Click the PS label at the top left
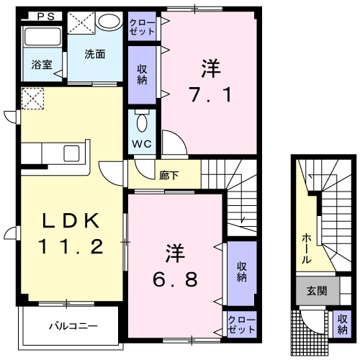(46, 17)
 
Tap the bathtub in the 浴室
(42, 37)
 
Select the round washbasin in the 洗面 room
(109, 21)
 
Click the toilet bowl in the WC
(142, 122)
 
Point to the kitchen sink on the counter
(71, 153)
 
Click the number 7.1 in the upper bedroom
(211, 94)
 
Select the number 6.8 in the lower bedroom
(175, 279)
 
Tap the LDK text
(71, 220)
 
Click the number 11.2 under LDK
(71, 246)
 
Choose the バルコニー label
(73, 326)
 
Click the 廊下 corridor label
(169, 176)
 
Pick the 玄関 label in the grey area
(317, 291)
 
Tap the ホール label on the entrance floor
(307, 248)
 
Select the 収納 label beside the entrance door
(342, 324)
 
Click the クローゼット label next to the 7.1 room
(142, 27)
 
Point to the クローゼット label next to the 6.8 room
(241, 325)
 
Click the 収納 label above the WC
(142, 74)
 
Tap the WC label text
(142, 144)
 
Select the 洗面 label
(95, 55)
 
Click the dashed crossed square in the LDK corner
(32, 99)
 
